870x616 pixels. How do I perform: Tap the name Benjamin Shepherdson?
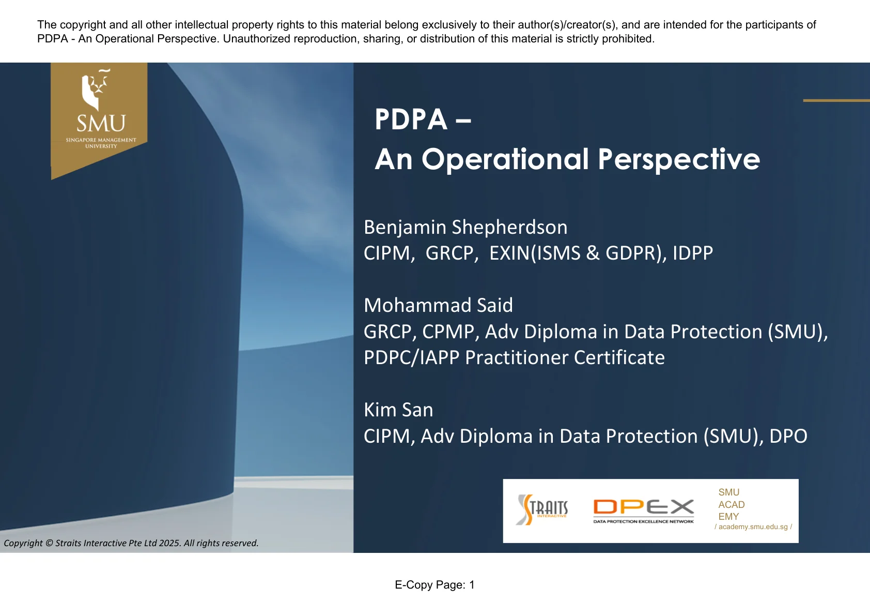pos(465,228)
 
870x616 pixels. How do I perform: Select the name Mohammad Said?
pos(438,306)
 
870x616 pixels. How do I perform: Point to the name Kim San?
pos(398,410)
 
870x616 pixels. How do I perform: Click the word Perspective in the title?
pos(678,159)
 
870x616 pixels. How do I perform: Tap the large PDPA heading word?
pos(411,119)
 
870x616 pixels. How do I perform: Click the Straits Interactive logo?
pos(542,509)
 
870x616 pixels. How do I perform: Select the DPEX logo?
pos(643,510)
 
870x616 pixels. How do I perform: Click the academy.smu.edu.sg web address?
pos(753,527)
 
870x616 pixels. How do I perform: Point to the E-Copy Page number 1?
pos(472,585)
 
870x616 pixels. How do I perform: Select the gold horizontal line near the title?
pos(836,100)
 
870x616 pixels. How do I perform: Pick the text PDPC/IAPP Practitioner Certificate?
pos(514,358)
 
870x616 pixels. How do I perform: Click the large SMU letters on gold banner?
pos(101,124)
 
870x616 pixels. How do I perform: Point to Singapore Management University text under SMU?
pos(101,143)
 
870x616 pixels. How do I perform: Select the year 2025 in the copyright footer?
pos(169,543)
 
